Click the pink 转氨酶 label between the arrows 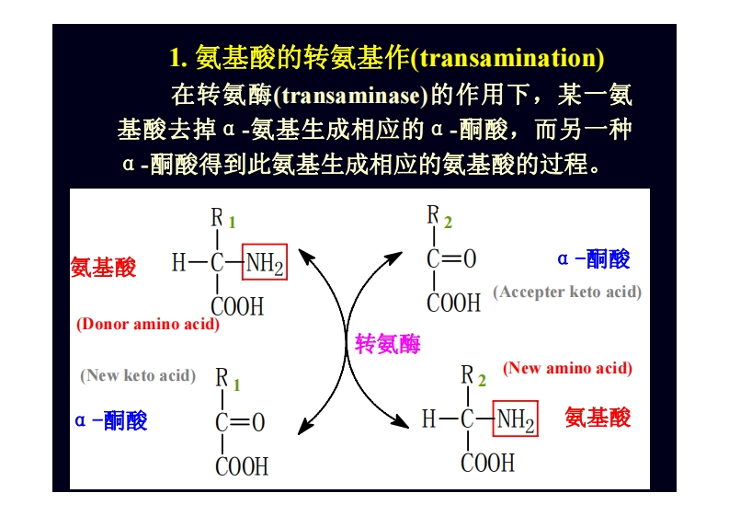387,345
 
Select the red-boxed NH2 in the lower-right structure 515,419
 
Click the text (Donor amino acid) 147,324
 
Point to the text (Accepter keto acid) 567,292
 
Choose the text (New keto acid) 138,375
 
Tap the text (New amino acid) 567,368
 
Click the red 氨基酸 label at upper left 103,268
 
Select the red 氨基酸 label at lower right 598,418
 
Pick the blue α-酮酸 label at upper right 594,259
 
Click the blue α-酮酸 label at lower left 111,420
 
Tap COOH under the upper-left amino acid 237,306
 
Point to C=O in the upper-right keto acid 451,259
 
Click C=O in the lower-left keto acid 240,422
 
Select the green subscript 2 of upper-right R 448,223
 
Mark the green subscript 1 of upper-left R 233,223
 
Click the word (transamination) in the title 507,59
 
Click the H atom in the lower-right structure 428,419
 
